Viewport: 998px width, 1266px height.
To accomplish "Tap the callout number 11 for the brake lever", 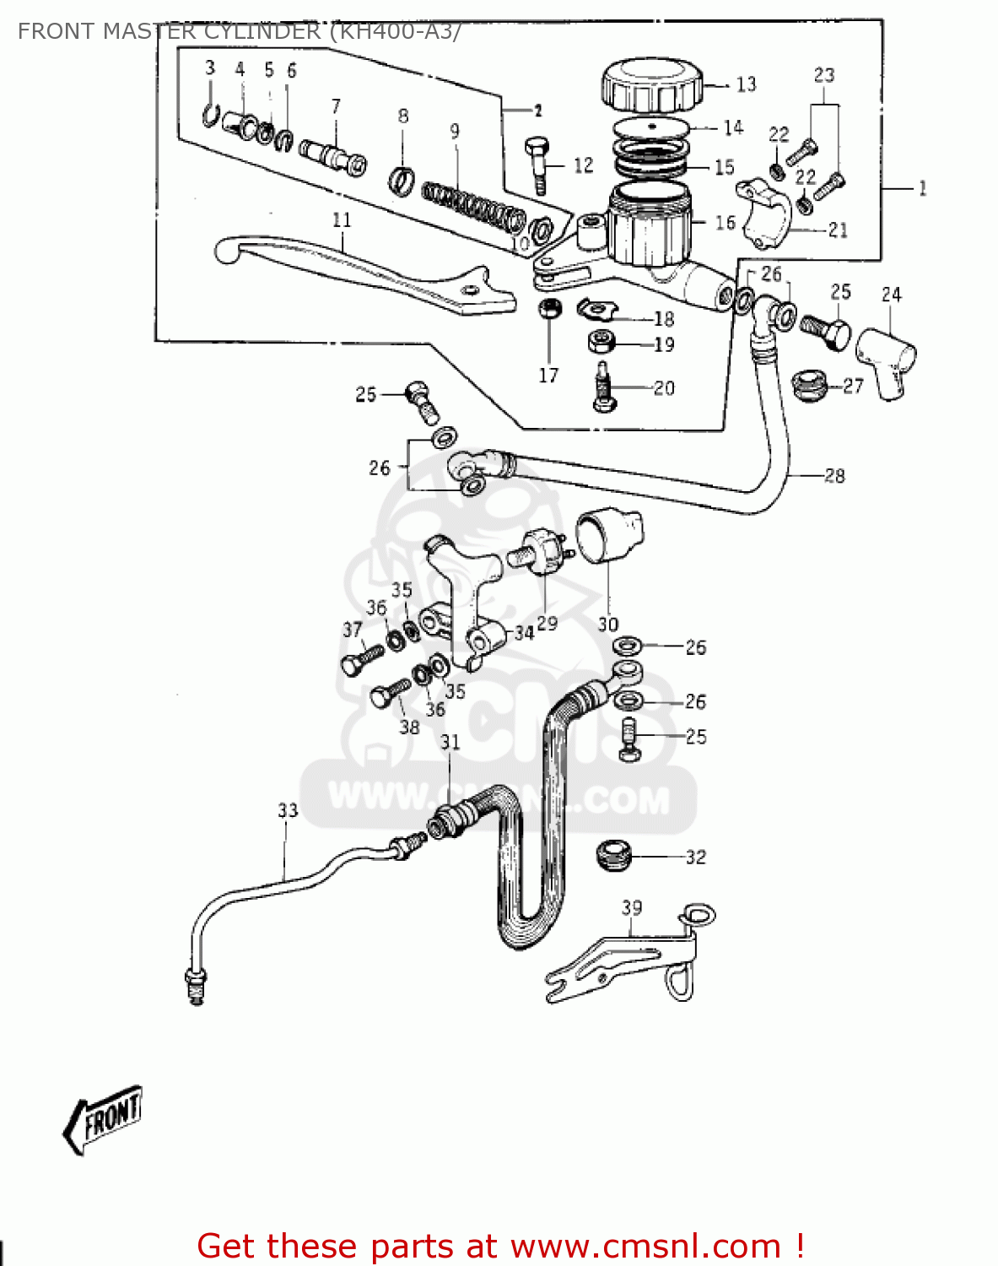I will [x=342, y=220].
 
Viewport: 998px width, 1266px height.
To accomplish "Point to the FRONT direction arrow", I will [x=103, y=1119].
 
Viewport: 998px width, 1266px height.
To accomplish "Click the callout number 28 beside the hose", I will [x=833, y=476].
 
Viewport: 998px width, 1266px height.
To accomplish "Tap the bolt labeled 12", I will [x=538, y=165].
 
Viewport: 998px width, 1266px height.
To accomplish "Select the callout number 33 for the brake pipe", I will [x=288, y=811].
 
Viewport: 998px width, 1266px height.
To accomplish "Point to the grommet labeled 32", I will [x=613, y=856].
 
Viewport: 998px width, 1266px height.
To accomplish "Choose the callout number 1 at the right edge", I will [x=922, y=188].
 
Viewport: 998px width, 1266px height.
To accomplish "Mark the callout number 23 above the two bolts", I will [x=824, y=75].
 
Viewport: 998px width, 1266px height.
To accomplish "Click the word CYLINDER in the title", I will [x=252, y=31].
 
